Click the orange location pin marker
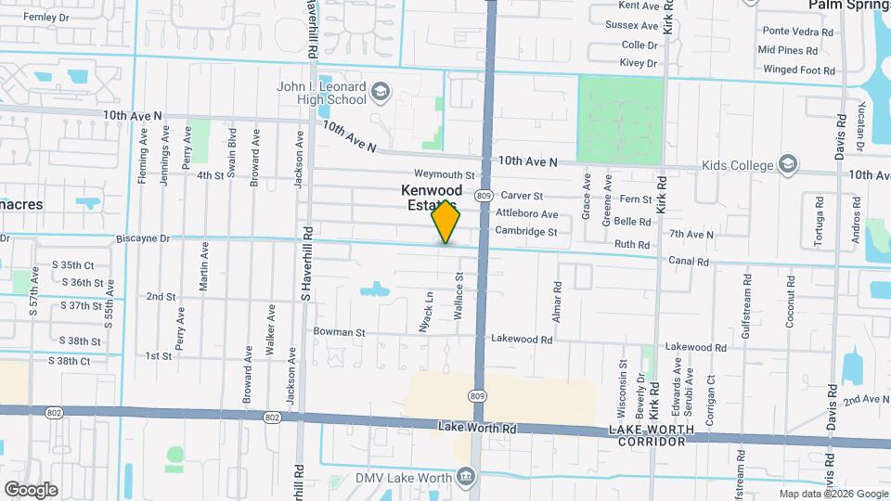click(x=446, y=222)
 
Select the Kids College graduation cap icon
click(x=788, y=164)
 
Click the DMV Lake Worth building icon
click(x=465, y=477)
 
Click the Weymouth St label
click(x=444, y=174)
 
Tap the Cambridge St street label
click(x=526, y=232)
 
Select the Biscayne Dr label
click(x=144, y=238)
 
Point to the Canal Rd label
click(x=690, y=262)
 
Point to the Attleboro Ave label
click(x=526, y=214)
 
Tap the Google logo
click(x=31, y=489)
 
